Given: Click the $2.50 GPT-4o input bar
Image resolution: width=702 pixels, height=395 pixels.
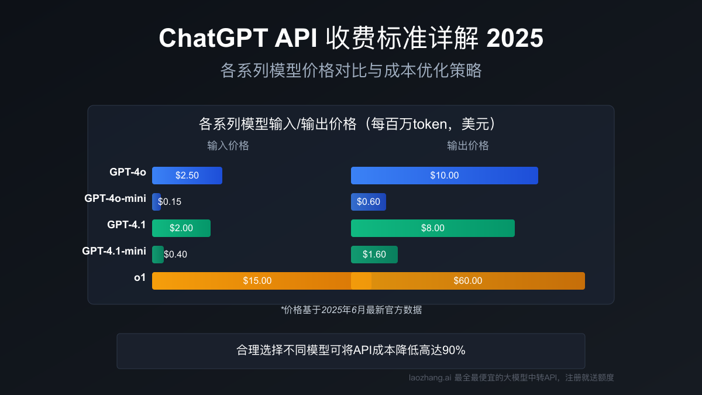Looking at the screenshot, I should [187, 176].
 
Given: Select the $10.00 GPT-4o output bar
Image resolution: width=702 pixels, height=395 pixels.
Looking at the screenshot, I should [445, 176].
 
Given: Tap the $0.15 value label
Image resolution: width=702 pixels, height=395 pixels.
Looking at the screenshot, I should [170, 202].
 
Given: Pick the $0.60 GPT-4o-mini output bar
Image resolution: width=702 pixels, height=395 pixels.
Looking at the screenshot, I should [369, 202].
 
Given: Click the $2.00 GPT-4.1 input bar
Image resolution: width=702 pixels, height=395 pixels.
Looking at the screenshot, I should [181, 228].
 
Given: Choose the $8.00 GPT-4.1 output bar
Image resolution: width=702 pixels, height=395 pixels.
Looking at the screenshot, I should [433, 228].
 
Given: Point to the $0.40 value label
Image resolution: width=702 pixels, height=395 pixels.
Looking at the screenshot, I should [175, 255].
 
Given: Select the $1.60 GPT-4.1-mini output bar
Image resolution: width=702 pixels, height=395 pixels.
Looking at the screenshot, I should [374, 255].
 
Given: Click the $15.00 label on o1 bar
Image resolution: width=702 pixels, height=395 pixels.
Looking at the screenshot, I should [257, 281].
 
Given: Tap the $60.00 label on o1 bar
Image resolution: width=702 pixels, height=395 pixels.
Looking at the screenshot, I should [468, 281].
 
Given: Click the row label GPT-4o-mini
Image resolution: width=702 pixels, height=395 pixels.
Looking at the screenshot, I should [115, 198].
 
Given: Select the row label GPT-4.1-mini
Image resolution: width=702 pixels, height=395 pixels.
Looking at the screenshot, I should [114, 251].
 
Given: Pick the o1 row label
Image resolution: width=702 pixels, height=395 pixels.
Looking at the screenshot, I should [140, 277].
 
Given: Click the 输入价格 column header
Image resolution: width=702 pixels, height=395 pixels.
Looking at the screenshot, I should [228, 146].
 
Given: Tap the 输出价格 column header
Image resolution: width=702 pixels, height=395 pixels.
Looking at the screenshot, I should [468, 146].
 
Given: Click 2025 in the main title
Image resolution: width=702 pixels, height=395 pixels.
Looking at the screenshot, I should [515, 39].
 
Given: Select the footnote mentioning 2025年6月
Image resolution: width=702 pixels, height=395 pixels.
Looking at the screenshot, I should [351, 310].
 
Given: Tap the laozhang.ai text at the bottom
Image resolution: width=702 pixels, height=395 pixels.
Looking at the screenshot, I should [429, 378].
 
